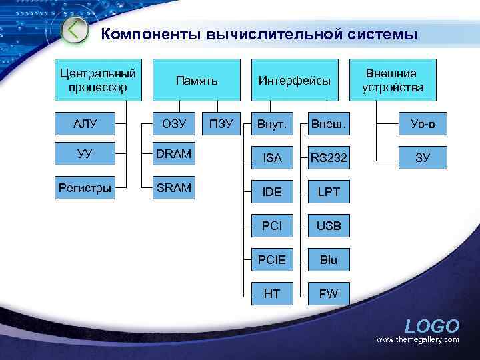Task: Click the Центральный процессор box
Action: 97,79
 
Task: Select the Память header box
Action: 197,80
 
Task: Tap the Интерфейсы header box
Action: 294,80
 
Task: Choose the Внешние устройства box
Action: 393,80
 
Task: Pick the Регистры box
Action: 85,187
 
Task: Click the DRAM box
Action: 174,155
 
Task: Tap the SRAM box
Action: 174,187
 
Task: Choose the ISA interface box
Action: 273,158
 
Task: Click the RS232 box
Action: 329,158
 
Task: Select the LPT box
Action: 329,192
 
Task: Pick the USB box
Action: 329,226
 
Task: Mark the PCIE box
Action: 273,259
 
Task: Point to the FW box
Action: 329,293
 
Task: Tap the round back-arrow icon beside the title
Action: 75,30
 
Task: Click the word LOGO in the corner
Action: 432,326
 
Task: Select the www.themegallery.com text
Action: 418,340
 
